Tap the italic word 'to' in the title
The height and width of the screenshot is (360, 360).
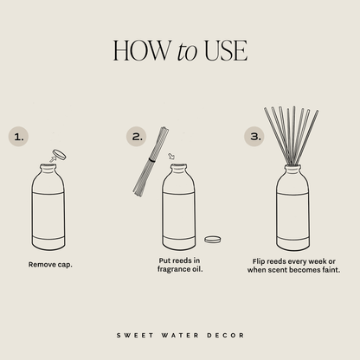click(x=189, y=51)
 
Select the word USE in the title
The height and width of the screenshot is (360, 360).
click(x=226, y=50)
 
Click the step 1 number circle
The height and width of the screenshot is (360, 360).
click(x=20, y=136)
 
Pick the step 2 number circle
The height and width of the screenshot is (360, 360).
click(x=137, y=136)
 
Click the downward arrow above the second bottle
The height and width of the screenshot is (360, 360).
click(x=170, y=157)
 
